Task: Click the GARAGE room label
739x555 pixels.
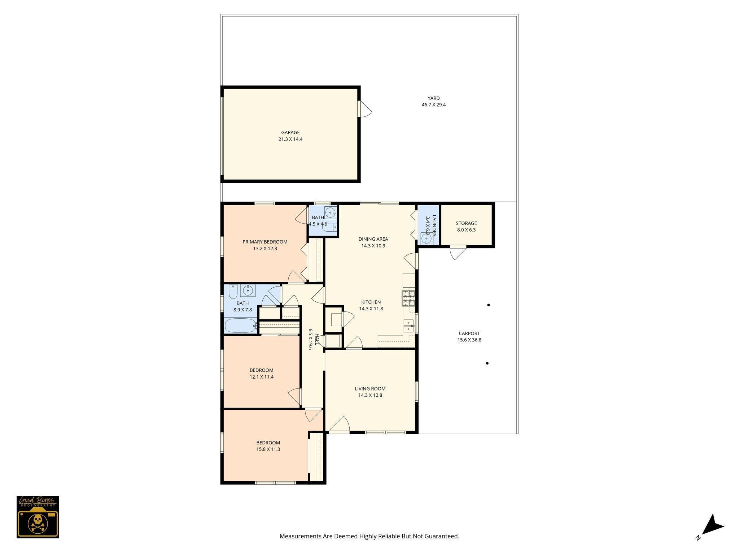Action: pyautogui.click(x=290, y=133)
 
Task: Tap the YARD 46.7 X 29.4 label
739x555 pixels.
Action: pyautogui.click(x=434, y=102)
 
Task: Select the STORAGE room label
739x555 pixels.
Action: pyautogui.click(x=466, y=223)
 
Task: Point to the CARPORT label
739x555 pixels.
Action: pyautogui.click(x=469, y=334)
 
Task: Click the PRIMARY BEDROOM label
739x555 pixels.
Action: pyautogui.click(x=265, y=242)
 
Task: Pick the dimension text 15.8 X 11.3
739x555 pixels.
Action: pyautogui.click(x=268, y=449)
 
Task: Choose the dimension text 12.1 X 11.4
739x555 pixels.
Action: pyautogui.click(x=262, y=377)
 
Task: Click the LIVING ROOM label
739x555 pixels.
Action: pyautogui.click(x=370, y=389)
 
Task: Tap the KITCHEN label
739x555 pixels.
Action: pyautogui.click(x=371, y=302)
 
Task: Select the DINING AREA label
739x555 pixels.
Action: pyautogui.click(x=373, y=239)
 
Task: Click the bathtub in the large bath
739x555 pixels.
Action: pyautogui.click(x=240, y=326)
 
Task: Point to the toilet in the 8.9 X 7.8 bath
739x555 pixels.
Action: pyautogui.click(x=233, y=292)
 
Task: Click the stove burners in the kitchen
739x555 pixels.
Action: pyautogui.click(x=408, y=298)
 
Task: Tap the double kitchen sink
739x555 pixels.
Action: pyautogui.click(x=408, y=326)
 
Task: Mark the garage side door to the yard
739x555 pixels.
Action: pyautogui.click(x=365, y=109)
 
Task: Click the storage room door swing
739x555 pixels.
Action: pyautogui.click(x=458, y=253)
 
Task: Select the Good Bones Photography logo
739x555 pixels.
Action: pyautogui.click(x=38, y=517)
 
